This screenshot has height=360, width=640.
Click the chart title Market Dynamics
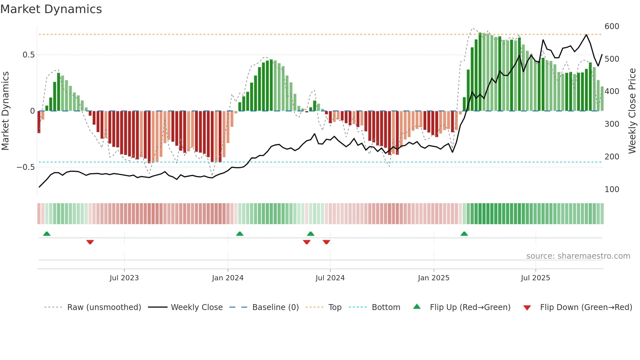click(51, 9)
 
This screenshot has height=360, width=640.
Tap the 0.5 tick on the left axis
click(28, 55)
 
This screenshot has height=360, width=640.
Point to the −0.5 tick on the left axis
click(25, 167)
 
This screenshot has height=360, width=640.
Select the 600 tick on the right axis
click(612, 26)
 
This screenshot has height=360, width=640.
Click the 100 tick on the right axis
click(612, 189)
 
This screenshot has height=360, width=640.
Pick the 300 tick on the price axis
click(612, 124)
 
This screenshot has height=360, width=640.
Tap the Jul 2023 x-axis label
click(124, 278)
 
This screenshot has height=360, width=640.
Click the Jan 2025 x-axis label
click(433, 278)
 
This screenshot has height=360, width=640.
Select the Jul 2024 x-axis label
click(330, 278)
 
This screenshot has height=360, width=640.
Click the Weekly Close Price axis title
click(632, 111)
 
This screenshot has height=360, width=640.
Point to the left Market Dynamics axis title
click(5, 111)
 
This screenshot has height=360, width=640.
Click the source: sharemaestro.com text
click(578, 256)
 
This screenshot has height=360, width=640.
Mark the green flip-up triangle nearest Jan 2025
click(464, 234)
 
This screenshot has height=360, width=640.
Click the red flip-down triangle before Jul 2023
click(90, 242)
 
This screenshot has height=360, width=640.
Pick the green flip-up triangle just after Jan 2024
click(240, 234)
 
